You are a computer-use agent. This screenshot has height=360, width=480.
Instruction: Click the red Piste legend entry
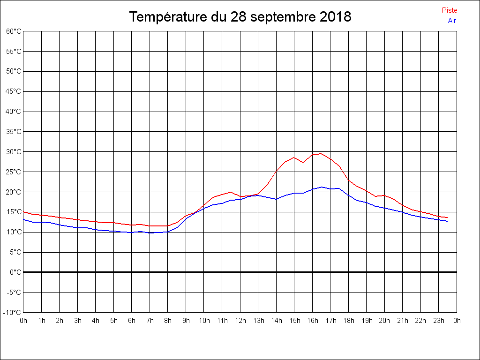(x=449, y=10)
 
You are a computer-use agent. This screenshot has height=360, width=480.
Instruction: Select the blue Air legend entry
(x=452, y=21)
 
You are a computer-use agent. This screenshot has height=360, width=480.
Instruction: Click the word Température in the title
(x=167, y=17)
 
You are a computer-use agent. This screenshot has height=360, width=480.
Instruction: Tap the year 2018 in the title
(x=335, y=17)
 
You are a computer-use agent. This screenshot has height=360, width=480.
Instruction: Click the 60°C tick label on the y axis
(x=14, y=31)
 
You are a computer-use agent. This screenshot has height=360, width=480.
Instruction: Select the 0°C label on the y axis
(x=15, y=272)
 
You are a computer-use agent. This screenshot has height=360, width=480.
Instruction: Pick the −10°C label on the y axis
(x=13, y=313)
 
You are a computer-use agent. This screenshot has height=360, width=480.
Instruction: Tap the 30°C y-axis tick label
(x=14, y=152)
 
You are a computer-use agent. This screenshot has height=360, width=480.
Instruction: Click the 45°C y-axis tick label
(x=14, y=91)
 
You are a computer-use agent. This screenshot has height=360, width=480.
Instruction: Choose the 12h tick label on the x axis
(x=240, y=321)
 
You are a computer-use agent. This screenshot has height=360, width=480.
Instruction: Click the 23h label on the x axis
(x=439, y=321)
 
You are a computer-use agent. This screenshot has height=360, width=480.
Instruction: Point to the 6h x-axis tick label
(x=132, y=321)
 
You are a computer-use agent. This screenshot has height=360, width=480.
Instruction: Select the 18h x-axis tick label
(x=348, y=321)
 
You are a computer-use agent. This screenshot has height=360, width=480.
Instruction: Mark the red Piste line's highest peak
(x=321, y=153)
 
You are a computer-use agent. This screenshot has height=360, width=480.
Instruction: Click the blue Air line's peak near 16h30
(x=322, y=187)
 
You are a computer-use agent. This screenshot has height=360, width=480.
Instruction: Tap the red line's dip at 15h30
(x=303, y=162)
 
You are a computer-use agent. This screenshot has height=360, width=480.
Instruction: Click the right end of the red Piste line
(x=448, y=217)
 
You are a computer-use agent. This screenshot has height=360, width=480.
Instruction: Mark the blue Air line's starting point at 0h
(x=23, y=219)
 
